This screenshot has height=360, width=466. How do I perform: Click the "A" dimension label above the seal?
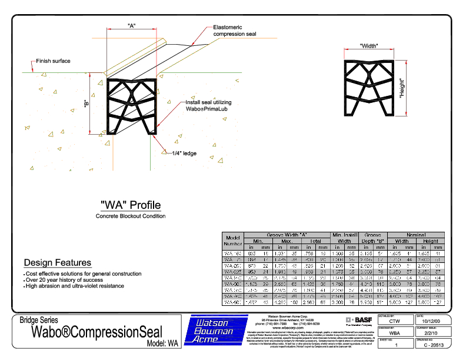pos(132,25)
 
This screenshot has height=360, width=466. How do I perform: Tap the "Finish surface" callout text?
pos(53,61)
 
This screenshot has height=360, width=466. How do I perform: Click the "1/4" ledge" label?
pos(185,154)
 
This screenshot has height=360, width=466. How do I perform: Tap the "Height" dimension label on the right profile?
pos(402,88)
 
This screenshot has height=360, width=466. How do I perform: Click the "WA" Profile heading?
pos(131,205)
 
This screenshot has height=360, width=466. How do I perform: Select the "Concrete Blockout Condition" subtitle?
pos(131,216)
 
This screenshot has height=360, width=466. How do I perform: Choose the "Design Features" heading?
pos(57,262)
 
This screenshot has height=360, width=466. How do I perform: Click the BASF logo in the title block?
pos(360,319)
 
